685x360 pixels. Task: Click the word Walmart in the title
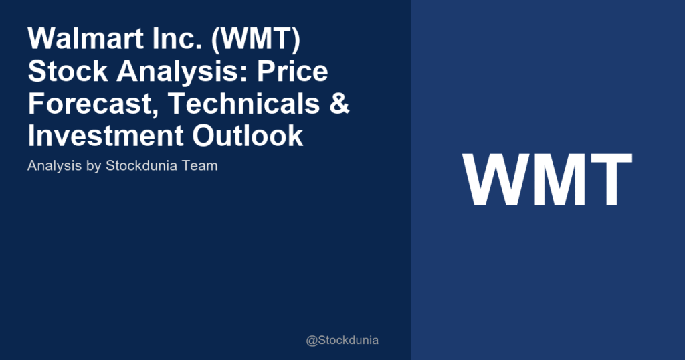click(x=78, y=41)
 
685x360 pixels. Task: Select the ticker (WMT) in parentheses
click(x=245, y=41)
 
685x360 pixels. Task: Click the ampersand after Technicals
click(x=340, y=104)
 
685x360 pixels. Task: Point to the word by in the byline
click(x=94, y=166)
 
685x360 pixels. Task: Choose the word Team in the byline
click(x=198, y=165)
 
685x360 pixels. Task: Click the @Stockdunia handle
click(x=342, y=340)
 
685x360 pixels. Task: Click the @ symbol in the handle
click(x=312, y=341)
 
